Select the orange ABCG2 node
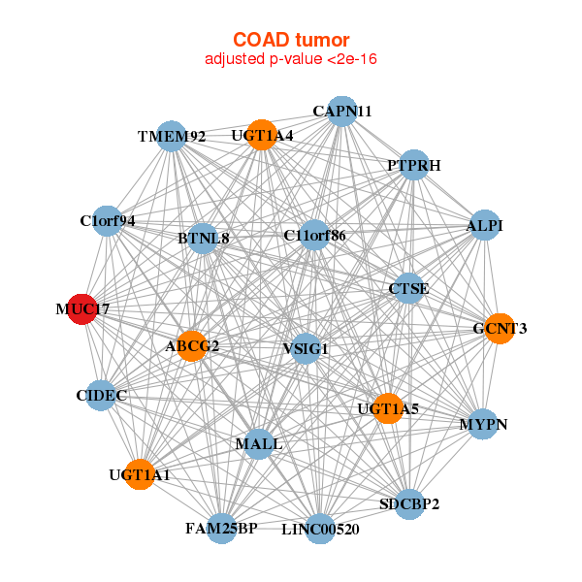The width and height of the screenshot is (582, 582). pyautogui.click(x=192, y=346)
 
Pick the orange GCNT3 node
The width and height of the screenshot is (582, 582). pyautogui.click(x=499, y=329)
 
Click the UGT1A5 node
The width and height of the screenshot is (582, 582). pyautogui.click(x=387, y=408)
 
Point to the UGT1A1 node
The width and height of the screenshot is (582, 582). pyautogui.click(x=140, y=474)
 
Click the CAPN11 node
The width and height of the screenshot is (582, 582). pyautogui.click(x=340, y=111)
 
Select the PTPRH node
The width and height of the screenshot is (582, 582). pyautogui.click(x=413, y=165)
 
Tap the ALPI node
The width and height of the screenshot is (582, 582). pyautogui.click(x=484, y=226)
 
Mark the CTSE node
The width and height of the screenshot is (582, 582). pyautogui.click(x=408, y=288)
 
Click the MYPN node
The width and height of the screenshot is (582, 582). pyautogui.click(x=483, y=425)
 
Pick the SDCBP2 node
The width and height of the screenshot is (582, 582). pyautogui.click(x=409, y=503)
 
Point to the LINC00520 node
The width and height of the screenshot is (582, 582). pyautogui.click(x=320, y=529)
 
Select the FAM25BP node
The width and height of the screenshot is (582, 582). pyautogui.click(x=221, y=528)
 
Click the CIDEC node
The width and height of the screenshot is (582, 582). pyautogui.click(x=101, y=395)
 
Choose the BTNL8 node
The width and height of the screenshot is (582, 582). pyautogui.click(x=202, y=238)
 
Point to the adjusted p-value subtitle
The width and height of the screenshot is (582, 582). pyautogui.click(x=290, y=59)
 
